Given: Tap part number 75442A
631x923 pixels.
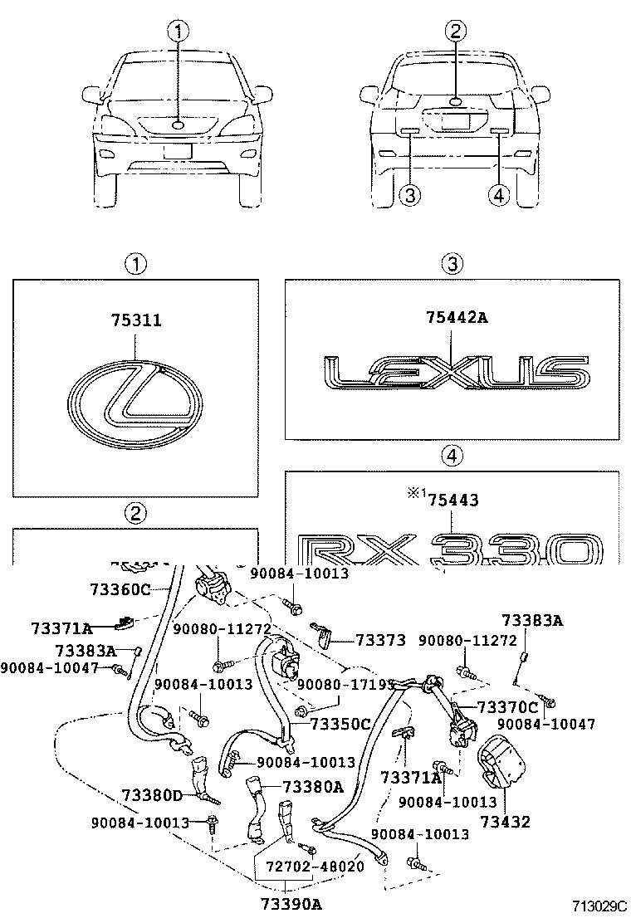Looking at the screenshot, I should click(x=454, y=316).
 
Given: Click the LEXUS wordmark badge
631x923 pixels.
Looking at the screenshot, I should click(x=454, y=373).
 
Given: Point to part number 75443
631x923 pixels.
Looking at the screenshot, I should click(x=452, y=499).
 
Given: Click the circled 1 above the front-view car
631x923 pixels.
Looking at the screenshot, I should click(x=179, y=32).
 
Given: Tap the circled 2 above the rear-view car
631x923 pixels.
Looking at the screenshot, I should click(x=455, y=32).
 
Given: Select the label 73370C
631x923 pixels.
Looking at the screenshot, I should click(x=507, y=707).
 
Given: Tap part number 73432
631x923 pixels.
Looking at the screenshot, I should click(x=508, y=823).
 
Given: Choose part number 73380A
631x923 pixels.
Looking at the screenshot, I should click(x=312, y=786).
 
